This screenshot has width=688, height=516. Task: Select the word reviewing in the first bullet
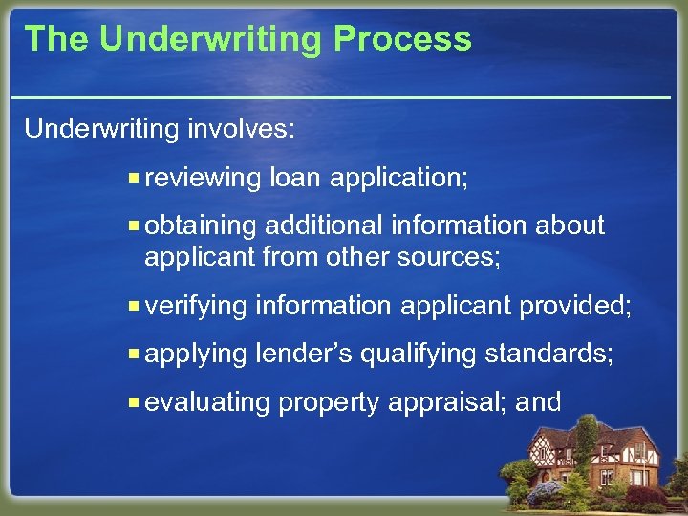tap(203, 178)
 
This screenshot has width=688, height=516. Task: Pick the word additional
tap(324, 226)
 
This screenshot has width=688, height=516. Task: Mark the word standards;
tap(548, 354)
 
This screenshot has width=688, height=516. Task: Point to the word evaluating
tap(206, 402)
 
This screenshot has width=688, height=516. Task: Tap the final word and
tap(538, 401)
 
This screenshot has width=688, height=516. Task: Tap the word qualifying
tap(418, 354)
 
